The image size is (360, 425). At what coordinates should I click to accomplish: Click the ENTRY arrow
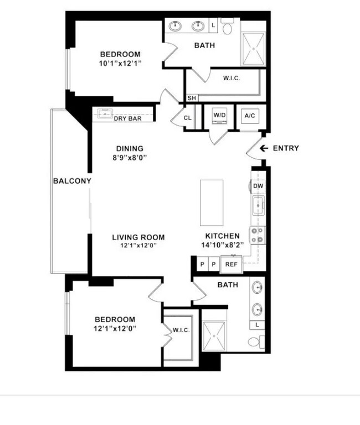(264, 148)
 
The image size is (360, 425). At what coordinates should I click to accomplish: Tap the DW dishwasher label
(258, 186)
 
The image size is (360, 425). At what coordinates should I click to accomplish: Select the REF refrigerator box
(231, 265)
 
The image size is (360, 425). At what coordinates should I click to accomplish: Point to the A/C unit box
(250, 116)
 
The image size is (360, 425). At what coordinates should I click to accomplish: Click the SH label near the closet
(192, 98)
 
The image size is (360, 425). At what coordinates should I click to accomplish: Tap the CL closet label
(187, 118)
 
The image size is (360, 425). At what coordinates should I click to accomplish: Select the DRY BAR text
(127, 118)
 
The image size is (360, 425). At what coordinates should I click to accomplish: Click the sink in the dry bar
(105, 113)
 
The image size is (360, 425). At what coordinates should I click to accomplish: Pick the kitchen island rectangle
(212, 203)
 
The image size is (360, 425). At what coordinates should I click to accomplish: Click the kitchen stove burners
(258, 235)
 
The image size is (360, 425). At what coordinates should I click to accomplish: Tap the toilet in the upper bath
(227, 26)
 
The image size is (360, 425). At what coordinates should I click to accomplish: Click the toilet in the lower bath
(256, 341)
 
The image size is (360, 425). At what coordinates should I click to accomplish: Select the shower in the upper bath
(253, 49)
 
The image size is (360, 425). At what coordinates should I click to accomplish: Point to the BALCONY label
(72, 181)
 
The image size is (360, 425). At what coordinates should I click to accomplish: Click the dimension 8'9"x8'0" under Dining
(130, 158)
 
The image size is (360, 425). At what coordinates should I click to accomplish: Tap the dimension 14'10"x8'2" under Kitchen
(223, 245)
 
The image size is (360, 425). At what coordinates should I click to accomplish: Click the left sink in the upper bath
(176, 27)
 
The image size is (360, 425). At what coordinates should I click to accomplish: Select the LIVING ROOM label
(138, 237)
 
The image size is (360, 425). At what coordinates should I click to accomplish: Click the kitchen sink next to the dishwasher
(258, 205)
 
